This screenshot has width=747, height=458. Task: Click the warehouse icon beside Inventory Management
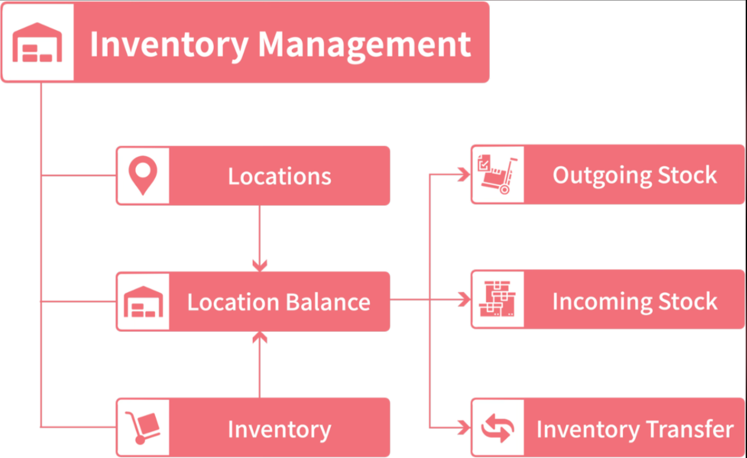37,42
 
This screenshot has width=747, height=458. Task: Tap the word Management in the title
365,44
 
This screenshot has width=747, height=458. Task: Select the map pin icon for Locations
143,175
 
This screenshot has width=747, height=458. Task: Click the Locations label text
279,176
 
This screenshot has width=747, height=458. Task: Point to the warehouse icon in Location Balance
143,302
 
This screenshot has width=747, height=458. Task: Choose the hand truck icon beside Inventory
143,428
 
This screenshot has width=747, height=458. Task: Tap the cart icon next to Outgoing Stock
497,174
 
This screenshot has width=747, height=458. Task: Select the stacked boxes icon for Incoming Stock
497,299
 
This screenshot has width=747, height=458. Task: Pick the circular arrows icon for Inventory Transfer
497,428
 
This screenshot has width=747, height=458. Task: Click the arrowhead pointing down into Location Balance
260,265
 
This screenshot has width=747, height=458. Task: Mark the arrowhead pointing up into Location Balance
260,338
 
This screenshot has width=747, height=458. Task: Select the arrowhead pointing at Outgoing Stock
464,175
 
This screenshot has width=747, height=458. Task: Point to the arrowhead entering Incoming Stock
464,299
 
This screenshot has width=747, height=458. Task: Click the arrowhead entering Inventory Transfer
464,427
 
